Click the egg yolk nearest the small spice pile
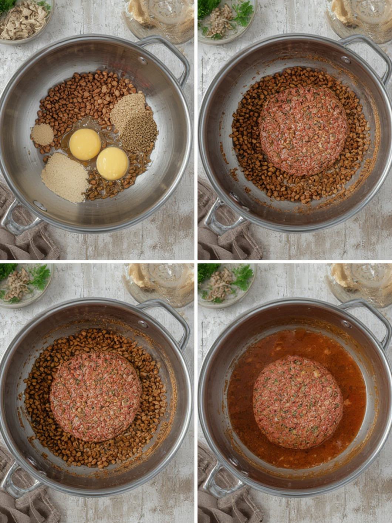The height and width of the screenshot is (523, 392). coord(85,144)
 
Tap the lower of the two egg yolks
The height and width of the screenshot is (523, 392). coord(112,163)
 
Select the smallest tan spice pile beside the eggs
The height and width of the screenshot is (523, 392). coord(42,134)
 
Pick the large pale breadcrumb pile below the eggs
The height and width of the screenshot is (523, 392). coord(65,178)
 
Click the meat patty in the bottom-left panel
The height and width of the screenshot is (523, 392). coord(95,396)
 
